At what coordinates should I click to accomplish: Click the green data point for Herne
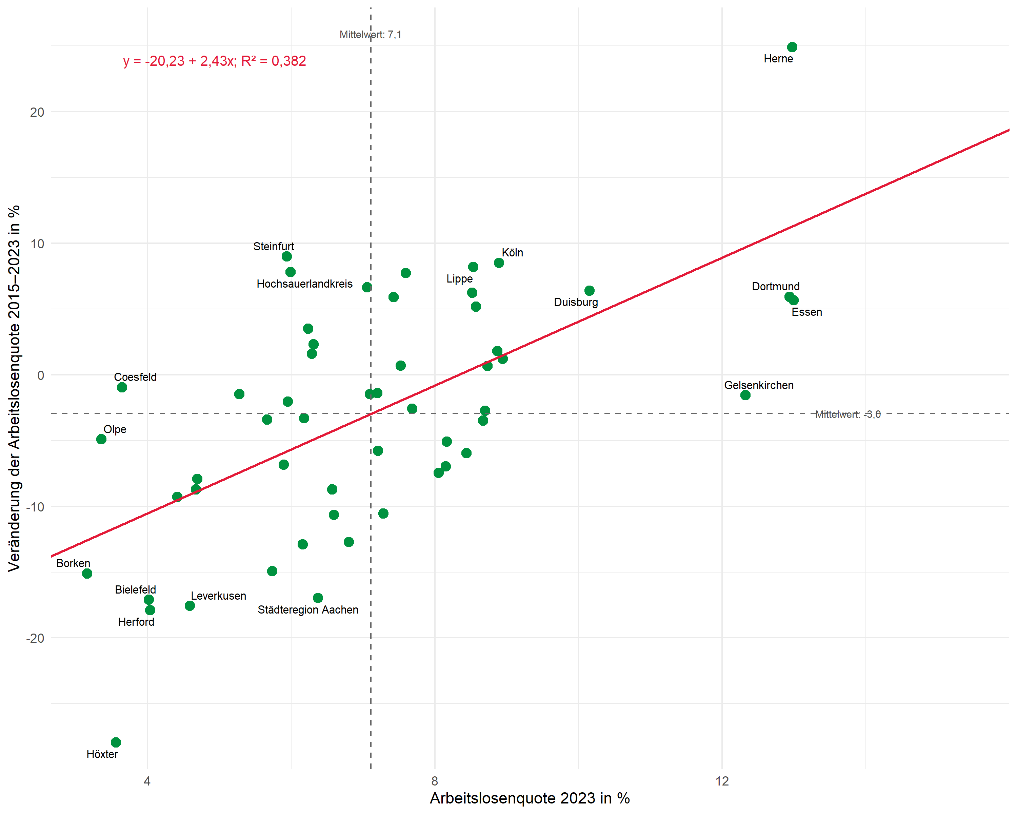click(792, 47)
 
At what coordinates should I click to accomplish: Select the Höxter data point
click(116, 742)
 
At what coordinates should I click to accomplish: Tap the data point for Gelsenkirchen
click(745, 395)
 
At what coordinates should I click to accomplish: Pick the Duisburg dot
click(589, 291)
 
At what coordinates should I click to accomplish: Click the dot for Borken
click(87, 573)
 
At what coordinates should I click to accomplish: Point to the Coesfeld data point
click(122, 387)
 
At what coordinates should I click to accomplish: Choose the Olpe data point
click(101, 439)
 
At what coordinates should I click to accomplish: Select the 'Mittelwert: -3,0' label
click(848, 414)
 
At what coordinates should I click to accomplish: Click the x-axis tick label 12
click(722, 781)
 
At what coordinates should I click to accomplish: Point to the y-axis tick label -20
click(35, 638)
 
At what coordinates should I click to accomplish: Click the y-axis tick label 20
click(37, 112)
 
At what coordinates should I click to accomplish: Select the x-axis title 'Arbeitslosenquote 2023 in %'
click(530, 798)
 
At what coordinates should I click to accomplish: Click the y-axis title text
click(14, 388)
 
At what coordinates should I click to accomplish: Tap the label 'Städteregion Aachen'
click(308, 610)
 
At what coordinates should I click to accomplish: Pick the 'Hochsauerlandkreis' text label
click(305, 284)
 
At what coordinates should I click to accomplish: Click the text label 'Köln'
click(512, 252)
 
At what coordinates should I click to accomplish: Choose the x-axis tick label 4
click(147, 781)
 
